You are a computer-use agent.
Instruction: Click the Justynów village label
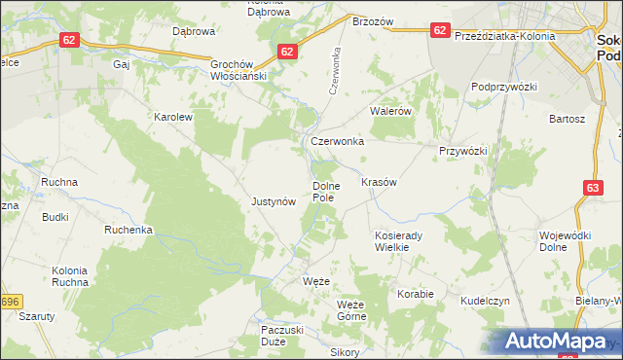coord(273,201)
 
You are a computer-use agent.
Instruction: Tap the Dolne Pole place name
coord(324,191)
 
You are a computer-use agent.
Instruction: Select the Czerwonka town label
coord(337,141)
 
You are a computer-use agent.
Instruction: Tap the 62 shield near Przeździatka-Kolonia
coord(440,30)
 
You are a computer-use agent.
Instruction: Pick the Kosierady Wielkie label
coord(402,240)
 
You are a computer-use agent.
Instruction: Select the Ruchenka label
coord(128,231)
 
